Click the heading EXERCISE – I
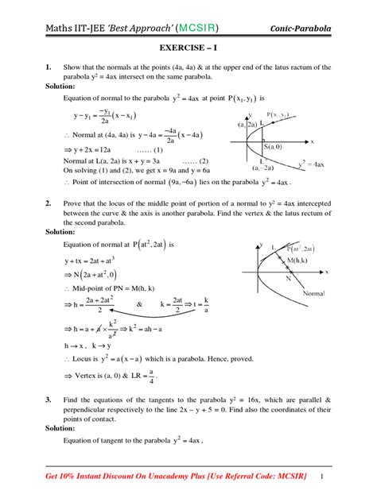pos(188,48)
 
